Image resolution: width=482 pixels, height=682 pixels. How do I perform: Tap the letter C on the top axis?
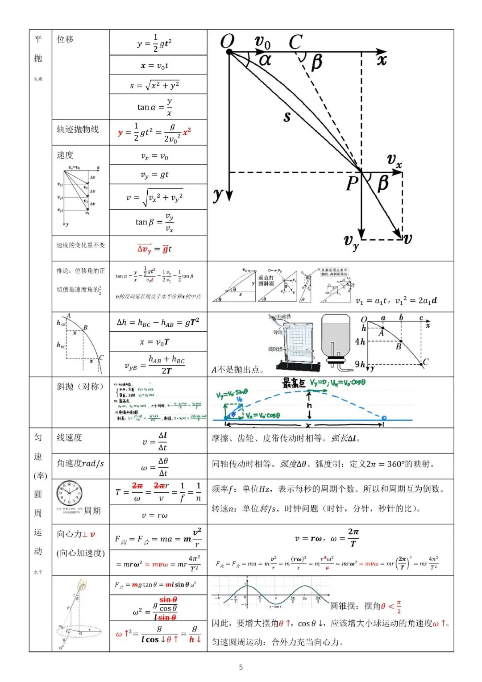pos(295,42)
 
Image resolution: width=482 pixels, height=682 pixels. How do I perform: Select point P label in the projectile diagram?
pos(352,183)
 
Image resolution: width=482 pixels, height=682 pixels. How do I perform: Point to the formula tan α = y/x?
pos(155,107)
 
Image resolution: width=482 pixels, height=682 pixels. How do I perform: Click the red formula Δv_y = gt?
pos(154,249)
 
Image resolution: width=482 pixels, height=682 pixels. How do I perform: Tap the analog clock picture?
pos(70,494)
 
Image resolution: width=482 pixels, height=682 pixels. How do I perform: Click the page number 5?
pos(241,667)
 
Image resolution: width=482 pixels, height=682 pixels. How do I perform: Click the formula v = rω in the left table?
pos(155,515)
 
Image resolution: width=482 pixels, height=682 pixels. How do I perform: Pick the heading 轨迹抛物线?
pos(78,129)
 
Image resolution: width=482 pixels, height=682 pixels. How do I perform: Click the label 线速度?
pos(69,438)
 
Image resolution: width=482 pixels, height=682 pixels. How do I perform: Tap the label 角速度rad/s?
pos(80,463)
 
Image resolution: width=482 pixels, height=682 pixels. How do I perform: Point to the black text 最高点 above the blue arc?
pos(294,383)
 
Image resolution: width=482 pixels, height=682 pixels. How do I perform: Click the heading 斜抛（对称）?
pos(80,387)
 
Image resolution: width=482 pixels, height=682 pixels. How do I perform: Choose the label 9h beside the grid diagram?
pos(360,365)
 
